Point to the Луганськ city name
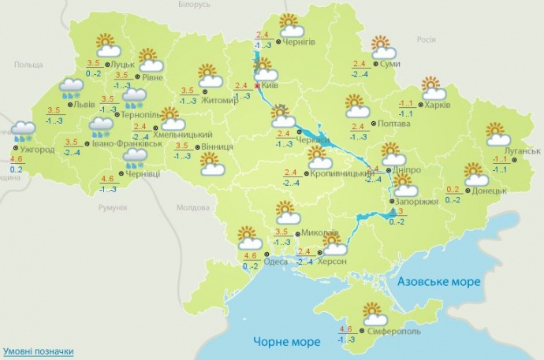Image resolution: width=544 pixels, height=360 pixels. click(x=522, y=150)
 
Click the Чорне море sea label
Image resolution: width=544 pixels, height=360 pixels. click(x=287, y=341)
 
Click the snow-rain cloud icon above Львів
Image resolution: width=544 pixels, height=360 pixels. click(x=73, y=88)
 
